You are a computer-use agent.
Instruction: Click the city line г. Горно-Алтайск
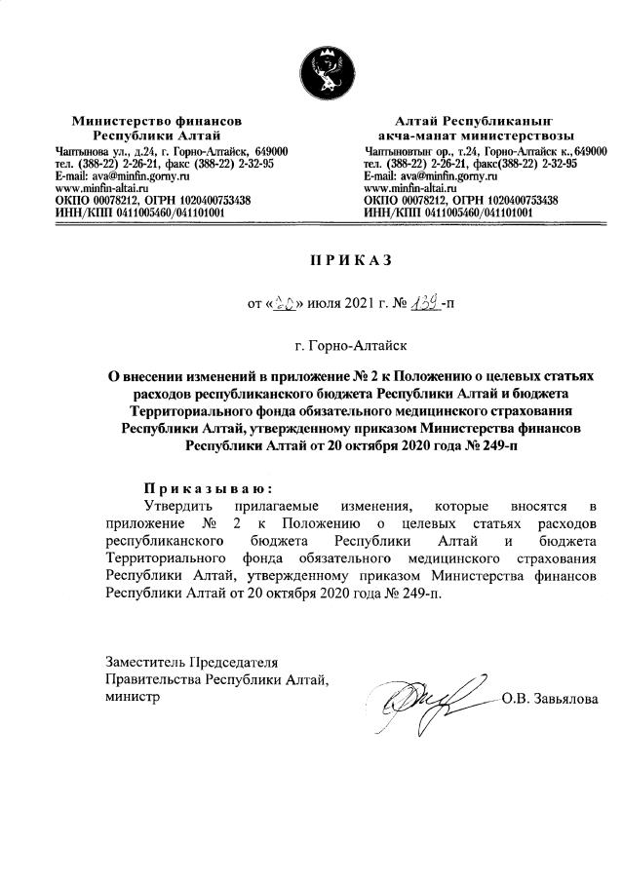point(349,343)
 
